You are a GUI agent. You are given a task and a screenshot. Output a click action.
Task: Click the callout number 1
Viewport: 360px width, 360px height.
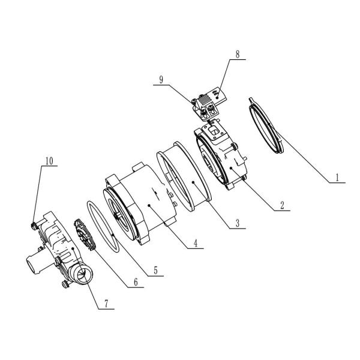pyautogui.click(x=338, y=178)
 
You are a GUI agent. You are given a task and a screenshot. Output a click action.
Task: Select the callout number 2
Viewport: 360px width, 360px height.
pyautogui.click(x=280, y=204)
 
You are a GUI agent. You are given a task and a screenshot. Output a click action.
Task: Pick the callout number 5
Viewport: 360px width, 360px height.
pyautogui.click(x=155, y=271)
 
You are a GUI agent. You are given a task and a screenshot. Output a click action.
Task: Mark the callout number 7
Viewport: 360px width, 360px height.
pyautogui.click(x=106, y=304)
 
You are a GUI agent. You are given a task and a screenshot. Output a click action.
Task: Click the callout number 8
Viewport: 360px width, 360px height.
pyautogui.click(x=237, y=54)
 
